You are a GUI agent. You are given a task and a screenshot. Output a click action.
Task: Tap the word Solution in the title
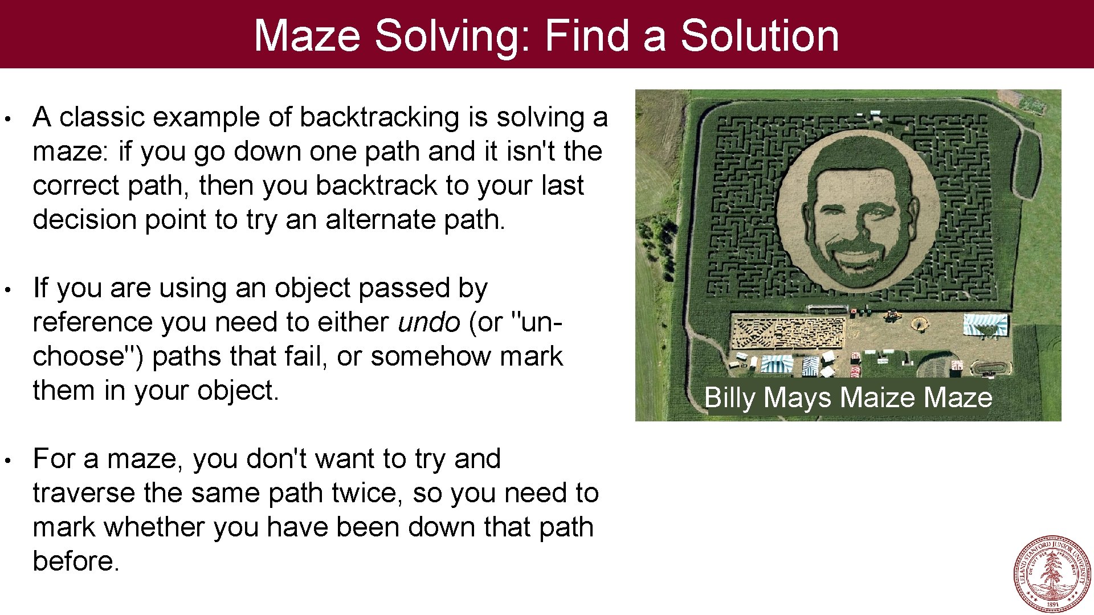point(760,36)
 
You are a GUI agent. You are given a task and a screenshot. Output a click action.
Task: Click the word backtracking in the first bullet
point(379,117)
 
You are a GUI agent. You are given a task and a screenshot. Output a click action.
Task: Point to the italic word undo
point(429,322)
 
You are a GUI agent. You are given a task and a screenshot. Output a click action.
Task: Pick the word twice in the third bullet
point(368,493)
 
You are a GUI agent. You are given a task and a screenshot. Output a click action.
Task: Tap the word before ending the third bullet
point(75,561)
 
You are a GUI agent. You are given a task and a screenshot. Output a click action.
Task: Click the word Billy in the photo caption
point(730,397)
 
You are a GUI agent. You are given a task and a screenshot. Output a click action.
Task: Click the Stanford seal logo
point(1051,573)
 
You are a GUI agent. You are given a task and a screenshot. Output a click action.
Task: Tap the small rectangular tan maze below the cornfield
point(788,333)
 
